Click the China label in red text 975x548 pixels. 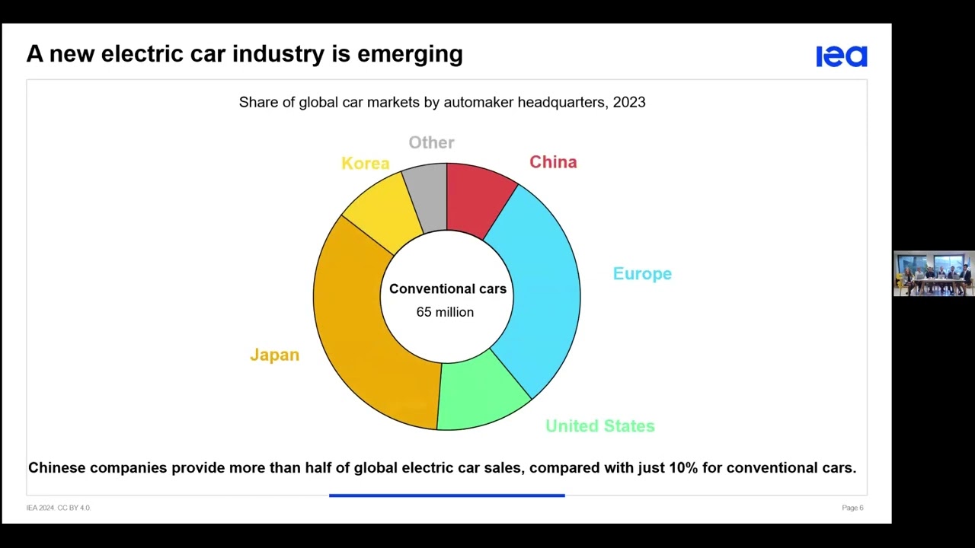coord(553,162)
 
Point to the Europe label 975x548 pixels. coord(642,274)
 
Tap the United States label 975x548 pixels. coord(599,426)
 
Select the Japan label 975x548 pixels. coord(274,355)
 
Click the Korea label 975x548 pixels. coord(365,164)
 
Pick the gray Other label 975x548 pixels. coord(431,142)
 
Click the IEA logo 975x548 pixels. coord(841,56)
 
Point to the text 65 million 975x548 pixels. coord(445,312)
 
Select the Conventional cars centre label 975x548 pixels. coord(447,289)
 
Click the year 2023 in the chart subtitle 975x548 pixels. coord(629,102)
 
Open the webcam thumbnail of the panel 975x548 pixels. coord(934,273)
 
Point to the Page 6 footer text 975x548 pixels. coord(852,508)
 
